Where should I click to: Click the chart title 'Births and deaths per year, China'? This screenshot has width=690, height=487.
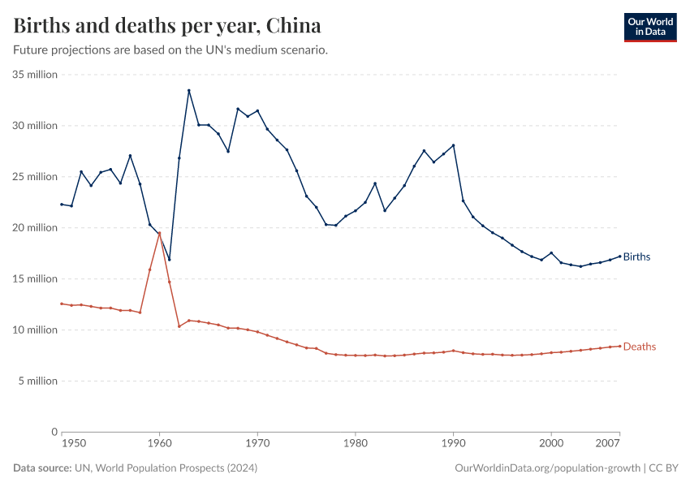[x=166, y=25]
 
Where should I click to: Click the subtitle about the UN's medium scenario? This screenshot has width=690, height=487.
[x=170, y=50]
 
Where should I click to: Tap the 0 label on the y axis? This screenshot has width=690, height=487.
[x=54, y=432]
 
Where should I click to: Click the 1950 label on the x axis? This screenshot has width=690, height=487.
[x=74, y=445]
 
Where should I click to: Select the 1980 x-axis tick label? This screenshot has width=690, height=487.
[x=355, y=445]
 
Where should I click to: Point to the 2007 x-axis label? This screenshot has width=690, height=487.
[x=609, y=445]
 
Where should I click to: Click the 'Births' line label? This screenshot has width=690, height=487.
[x=636, y=257]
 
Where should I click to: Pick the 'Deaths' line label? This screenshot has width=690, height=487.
[x=639, y=347]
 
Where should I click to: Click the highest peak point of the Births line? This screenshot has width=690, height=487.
[x=189, y=90]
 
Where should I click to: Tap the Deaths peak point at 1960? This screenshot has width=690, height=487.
[x=159, y=233]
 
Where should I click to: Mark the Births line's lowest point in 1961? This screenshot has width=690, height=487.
[x=169, y=260]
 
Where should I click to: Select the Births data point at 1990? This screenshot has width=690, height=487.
[x=453, y=145]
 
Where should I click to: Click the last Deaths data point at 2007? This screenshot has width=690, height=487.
[x=619, y=346]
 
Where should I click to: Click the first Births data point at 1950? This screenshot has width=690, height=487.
[x=62, y=204]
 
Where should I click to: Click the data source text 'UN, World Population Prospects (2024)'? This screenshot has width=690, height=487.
[x=166, y=468]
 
